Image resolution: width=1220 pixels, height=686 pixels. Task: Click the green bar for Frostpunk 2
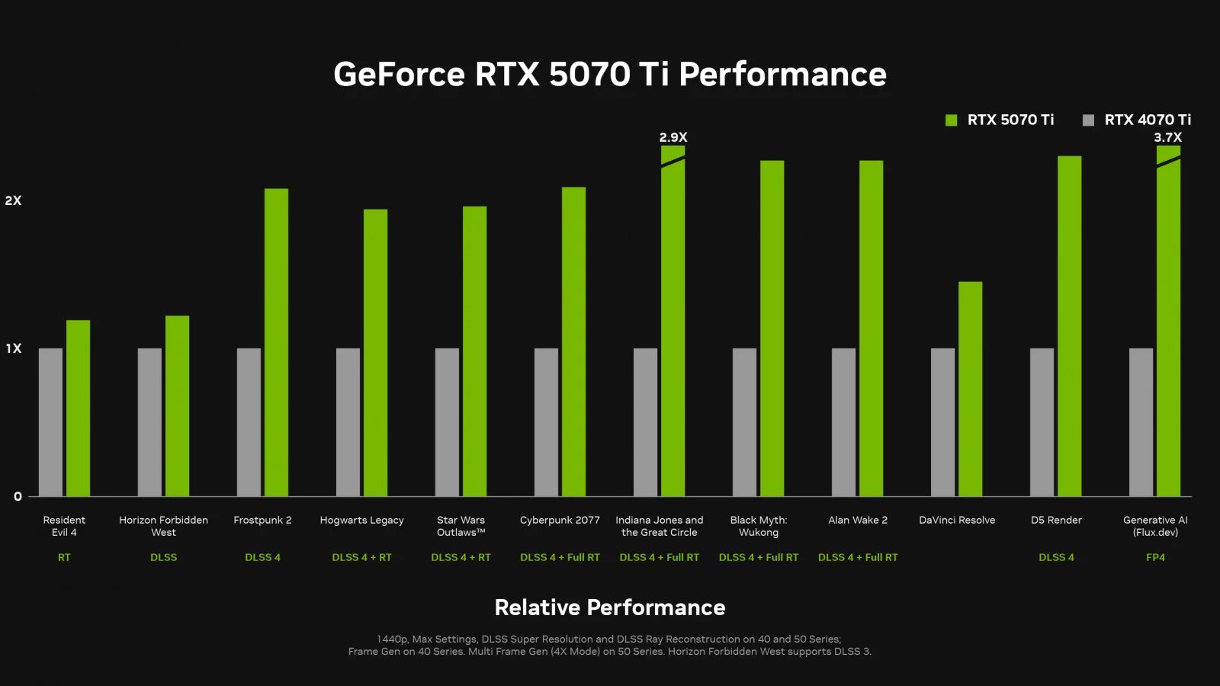276,343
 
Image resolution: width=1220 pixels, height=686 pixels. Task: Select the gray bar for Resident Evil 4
50,422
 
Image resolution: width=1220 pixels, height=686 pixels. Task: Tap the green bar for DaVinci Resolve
970,389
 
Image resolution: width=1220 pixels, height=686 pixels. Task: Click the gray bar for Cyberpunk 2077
546,422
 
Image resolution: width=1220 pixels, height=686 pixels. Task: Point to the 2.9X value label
673,137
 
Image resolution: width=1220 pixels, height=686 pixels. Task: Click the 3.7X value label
1167,137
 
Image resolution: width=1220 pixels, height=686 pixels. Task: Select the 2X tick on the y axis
13,200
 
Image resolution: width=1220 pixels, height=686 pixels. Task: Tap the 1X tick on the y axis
13,348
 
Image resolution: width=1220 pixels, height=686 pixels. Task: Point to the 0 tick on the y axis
18,496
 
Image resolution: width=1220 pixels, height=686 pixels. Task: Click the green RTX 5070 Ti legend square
951,120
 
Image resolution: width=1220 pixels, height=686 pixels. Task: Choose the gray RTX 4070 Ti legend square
1088,120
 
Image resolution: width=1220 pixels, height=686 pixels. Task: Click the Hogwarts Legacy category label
361,520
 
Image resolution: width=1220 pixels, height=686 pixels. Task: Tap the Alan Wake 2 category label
858,520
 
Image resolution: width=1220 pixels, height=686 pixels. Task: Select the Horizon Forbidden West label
163,526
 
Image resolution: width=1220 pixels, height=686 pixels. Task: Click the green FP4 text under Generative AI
1155,557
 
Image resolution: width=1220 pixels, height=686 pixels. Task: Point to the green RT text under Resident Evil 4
64,557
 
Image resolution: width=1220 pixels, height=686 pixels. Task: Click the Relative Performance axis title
610,607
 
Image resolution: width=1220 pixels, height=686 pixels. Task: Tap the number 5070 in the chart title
589,75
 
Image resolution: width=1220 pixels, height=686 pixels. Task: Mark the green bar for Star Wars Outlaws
474,351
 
